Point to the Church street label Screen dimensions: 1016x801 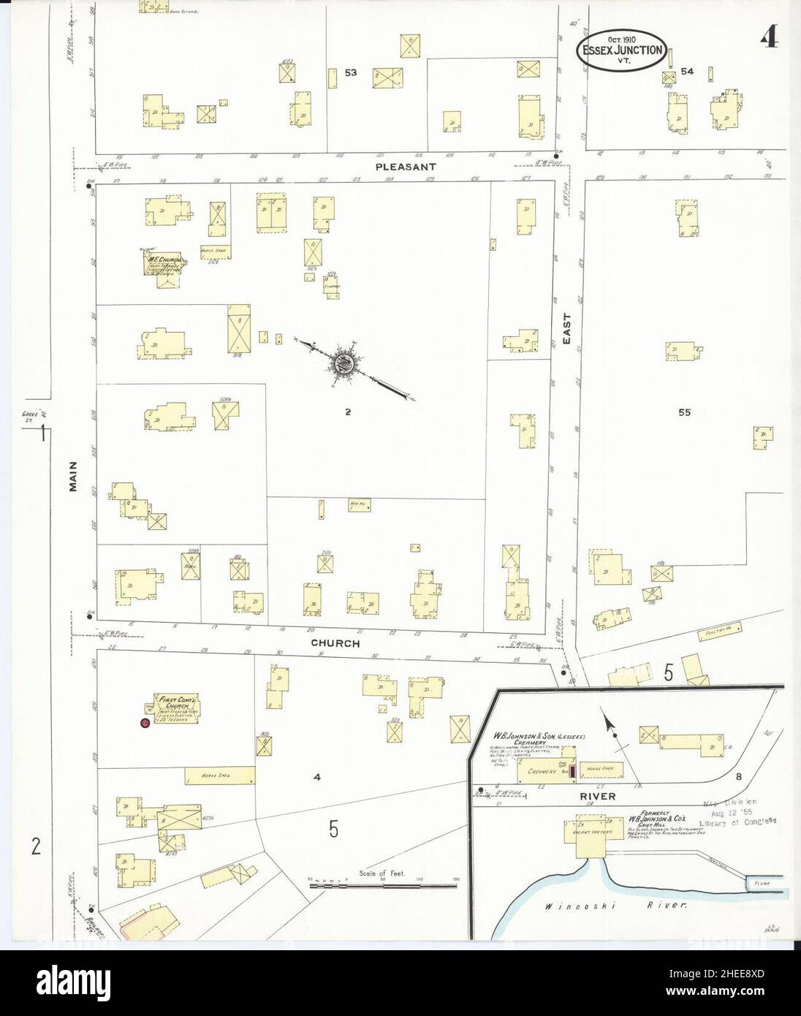pyautogui.click(x=335, y=644)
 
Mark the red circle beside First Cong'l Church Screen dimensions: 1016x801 pyautogui.click(x=145, y=723)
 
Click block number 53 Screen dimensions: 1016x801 pyautogui.click(x=351, y=73)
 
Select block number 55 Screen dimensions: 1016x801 pyautogui.click(x=684, y=412)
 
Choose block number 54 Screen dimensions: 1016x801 pyautogui.click(x=687, y=72)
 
